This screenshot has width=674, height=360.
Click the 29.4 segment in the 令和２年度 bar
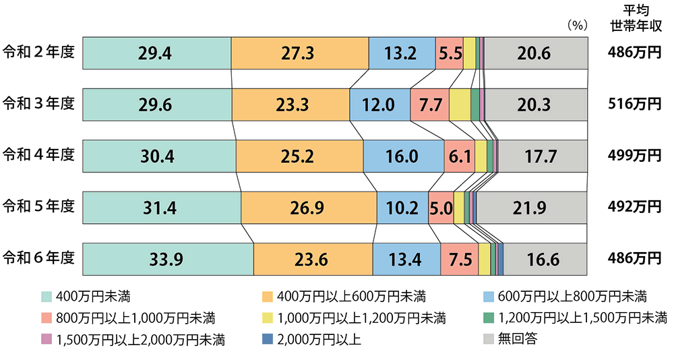point(156,53)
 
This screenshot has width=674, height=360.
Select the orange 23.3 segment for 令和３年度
point(290,104)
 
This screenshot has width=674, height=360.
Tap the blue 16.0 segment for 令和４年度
point(403,156)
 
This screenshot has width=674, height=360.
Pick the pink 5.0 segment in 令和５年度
point(440,208)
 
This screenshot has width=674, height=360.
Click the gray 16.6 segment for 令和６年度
point(546,259)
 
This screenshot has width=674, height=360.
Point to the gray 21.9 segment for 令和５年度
point(532,208)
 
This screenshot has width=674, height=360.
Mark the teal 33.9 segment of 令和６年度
point(168,259)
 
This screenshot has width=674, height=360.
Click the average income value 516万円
point(632,104)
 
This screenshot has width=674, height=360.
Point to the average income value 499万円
point(632,156)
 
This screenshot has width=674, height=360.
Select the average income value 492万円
point(632,208)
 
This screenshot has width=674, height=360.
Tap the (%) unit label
point(576,26)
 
